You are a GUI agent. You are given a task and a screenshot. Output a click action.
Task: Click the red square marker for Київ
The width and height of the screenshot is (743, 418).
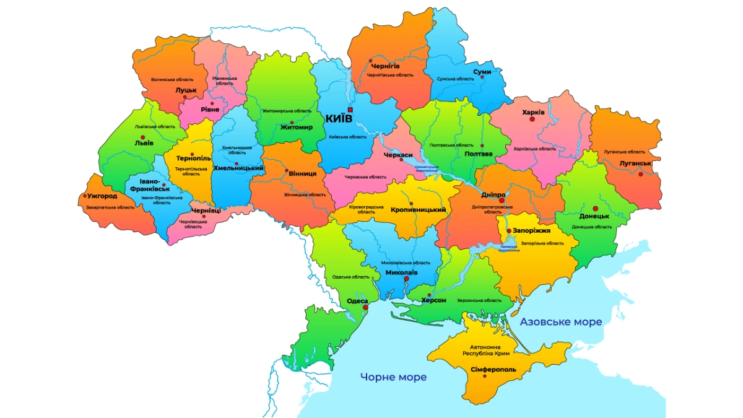coord(350,110)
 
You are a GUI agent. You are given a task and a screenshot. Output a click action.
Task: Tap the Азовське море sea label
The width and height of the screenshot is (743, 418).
coord(560,322)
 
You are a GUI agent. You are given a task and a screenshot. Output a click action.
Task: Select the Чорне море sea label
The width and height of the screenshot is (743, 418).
coord(394,377)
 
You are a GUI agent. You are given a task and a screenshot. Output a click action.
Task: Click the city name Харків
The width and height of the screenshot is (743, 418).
coord(533,113)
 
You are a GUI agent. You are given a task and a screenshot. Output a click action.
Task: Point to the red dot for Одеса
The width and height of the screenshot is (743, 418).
coord(366,307)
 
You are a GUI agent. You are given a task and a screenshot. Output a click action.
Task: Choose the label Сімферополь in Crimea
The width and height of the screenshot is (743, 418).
coord(493,370)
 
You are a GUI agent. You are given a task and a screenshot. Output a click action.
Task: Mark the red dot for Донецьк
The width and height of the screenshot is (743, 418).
coord(595,209)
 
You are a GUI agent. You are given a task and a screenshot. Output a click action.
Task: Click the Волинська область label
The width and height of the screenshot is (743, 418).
coord(172,79)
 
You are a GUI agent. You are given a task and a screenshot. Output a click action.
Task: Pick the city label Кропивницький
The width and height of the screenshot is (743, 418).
coord(419,210)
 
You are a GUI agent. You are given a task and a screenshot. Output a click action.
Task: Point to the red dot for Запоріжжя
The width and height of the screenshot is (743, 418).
coord(509,231)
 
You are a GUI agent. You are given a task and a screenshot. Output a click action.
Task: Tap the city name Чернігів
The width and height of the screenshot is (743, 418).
coord(385,66)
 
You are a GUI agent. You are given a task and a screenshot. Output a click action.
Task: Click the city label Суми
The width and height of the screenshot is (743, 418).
coord(482,72)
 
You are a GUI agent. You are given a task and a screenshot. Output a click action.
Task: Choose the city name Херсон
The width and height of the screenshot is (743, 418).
coord(433,300)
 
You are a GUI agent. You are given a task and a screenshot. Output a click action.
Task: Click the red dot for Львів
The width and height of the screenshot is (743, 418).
coord(143,137)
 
